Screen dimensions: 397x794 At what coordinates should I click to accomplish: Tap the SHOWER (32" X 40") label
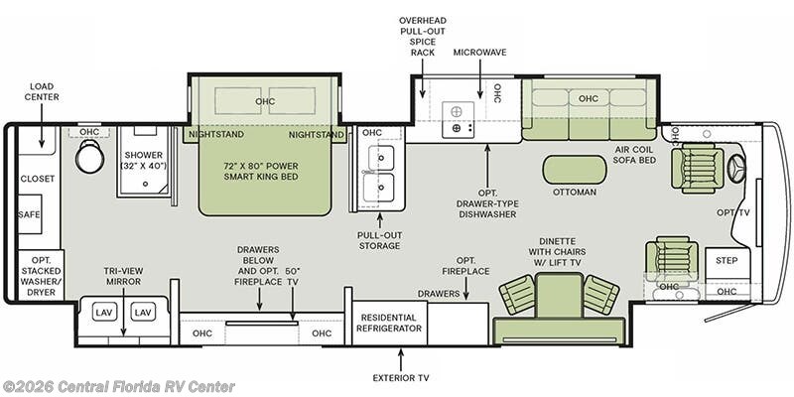(144, 160)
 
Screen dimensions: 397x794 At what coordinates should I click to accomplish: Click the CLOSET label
(38, 179)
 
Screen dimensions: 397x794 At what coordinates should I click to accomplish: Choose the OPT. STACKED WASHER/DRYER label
(40, 274)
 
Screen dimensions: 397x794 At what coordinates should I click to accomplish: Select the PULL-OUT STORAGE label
(378, 241)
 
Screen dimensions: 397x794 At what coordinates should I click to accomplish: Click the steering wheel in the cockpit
(736, 168)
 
